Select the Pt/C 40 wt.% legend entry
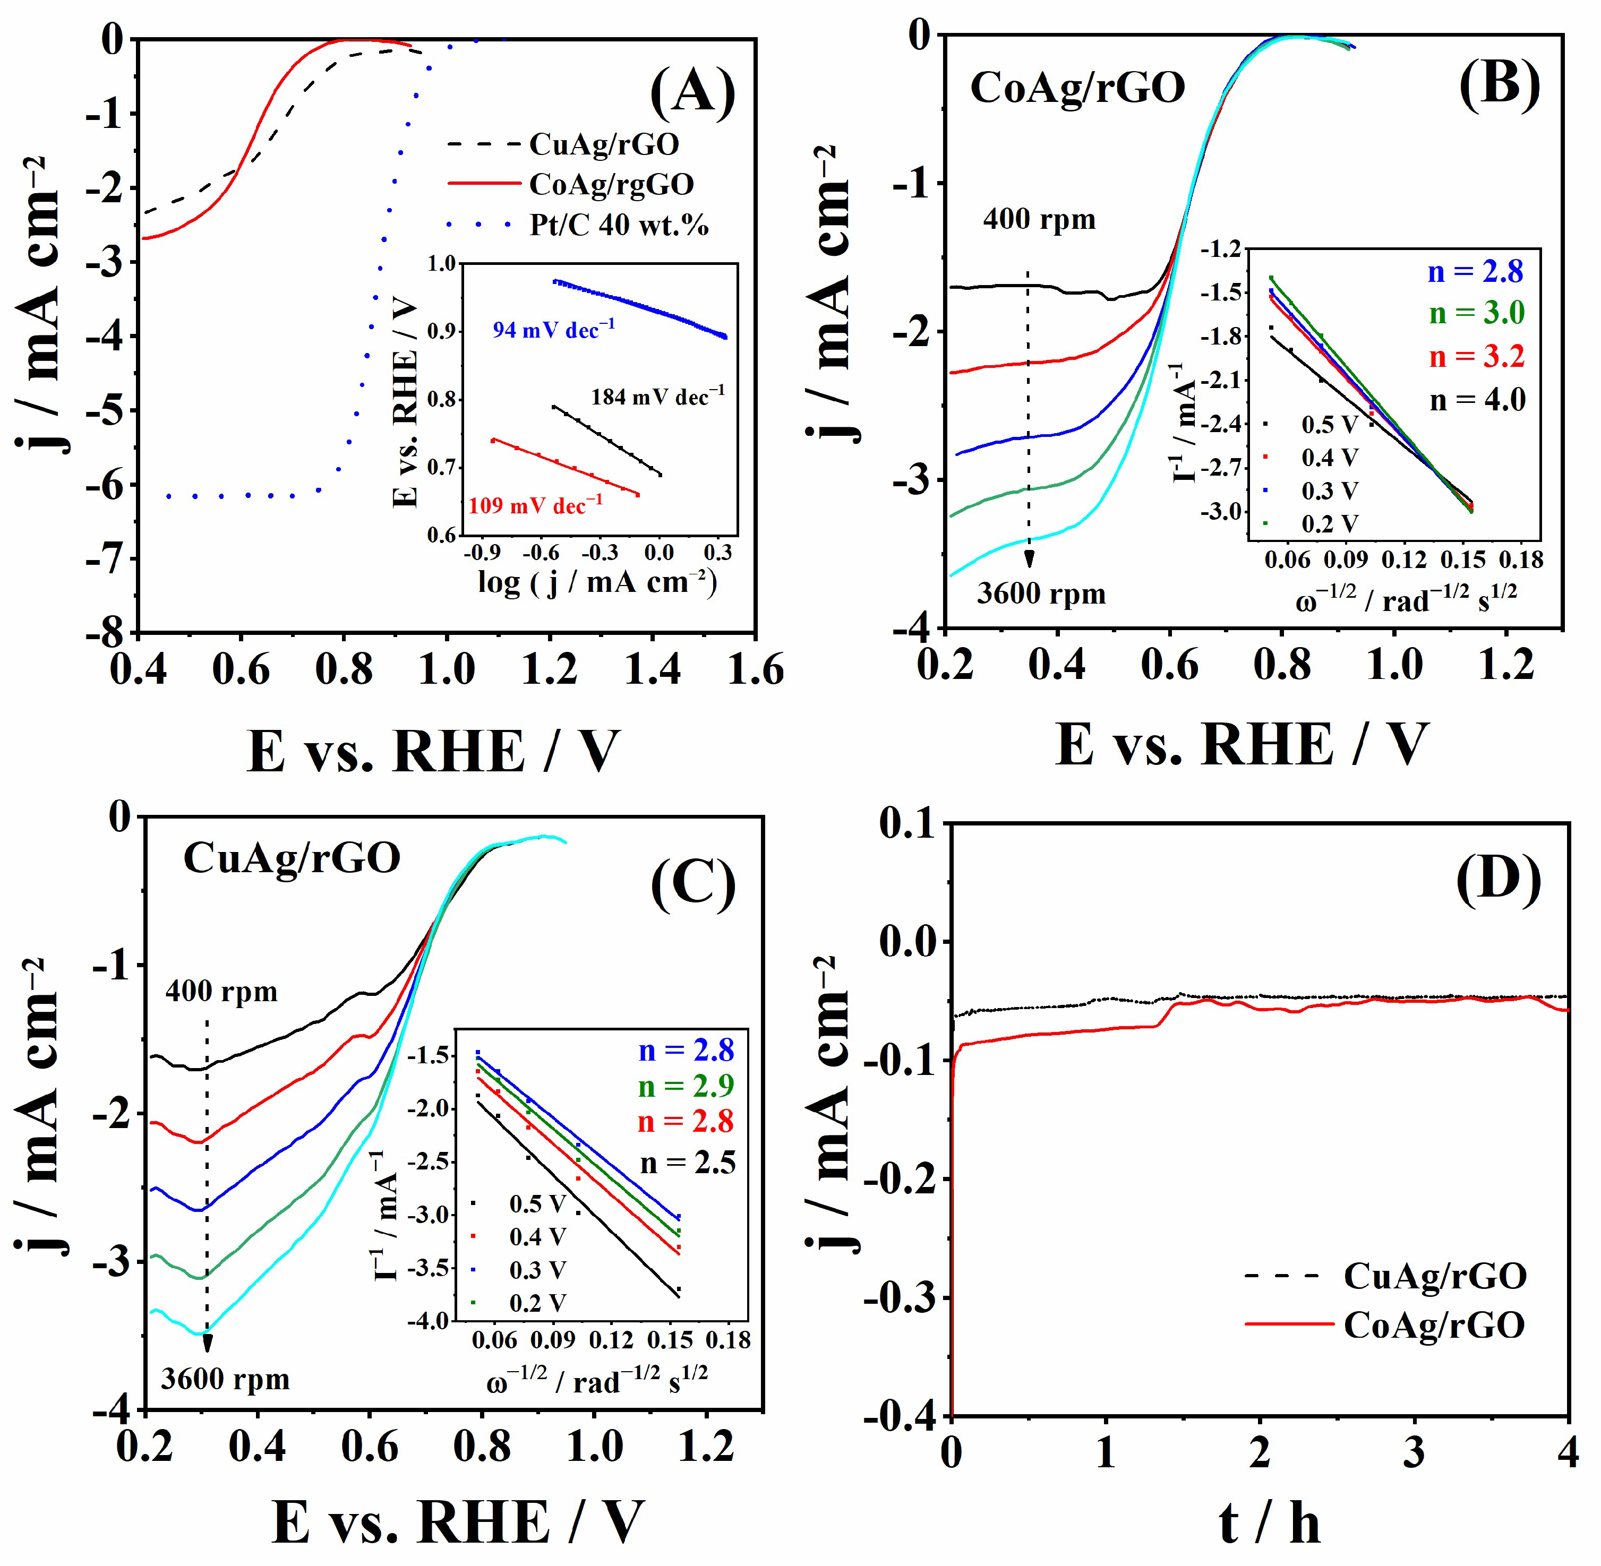pyautogui.click(x=618, y=225)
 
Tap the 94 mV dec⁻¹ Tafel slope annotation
pyautogui.click(x=553, y=330)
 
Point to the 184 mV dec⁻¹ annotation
pyautogui.click(x=657, y=397)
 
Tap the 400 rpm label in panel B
pyautogui.click(x=1039, y=220)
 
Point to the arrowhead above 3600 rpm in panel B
pyautogui.click(x=1029, y=560)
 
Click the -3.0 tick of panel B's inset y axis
pyautogui.click(x=1224, y=512)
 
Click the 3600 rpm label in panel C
pyautogui.click(x=226, y=1379)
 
